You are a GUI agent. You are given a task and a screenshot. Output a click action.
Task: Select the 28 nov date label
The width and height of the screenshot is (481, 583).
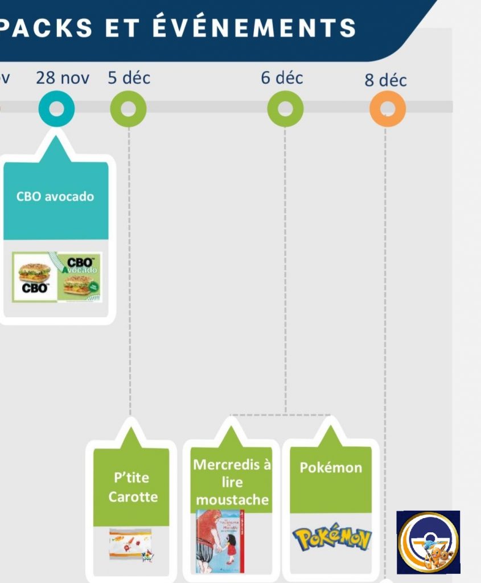click(63, 78)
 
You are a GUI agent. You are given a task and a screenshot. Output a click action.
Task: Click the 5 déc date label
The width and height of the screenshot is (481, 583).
click(129, 78)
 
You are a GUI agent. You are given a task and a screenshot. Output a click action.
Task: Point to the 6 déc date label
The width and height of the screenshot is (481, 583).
click(282, 78)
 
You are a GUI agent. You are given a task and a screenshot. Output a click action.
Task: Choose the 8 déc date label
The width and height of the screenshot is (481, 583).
click(385, 80)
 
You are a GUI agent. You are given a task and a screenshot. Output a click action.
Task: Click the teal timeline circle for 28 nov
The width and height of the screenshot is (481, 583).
click(56, 109)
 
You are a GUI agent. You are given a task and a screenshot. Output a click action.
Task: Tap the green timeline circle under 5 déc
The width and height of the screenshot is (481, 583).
click(128, 109)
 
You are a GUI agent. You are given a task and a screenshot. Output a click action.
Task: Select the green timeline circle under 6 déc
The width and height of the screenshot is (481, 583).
click(285, 109)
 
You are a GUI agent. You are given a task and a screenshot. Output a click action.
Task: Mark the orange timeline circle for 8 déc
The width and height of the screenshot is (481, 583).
click(387, 109)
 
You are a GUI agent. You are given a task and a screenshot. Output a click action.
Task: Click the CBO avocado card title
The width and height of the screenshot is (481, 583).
click(55, 196)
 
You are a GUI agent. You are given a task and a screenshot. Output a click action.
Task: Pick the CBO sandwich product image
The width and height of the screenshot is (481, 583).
click(57, 277)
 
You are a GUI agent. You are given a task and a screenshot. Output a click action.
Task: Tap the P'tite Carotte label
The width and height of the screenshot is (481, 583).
click(133, 487)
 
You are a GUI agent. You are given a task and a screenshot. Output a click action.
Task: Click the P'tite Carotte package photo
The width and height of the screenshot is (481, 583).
click(131, 544)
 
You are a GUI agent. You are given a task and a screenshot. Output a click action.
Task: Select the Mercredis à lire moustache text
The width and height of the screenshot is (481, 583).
click(232, 482)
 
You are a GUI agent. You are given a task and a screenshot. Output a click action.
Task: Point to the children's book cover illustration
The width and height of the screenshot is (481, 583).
click(220, 541)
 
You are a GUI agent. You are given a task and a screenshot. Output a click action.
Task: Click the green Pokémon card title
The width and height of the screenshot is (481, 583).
click(331, 468)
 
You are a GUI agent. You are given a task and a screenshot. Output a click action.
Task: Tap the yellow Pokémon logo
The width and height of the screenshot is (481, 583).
click(331, 538)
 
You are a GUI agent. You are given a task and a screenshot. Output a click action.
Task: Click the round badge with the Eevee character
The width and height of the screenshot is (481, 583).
click(428, 542)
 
